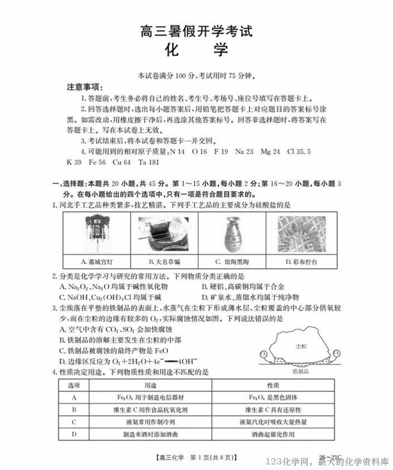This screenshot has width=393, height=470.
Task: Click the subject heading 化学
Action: click(x=196, y=50)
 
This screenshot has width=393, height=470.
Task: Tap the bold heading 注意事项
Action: click(x=83, y=87)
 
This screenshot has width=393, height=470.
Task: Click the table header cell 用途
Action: click(x=150, y=385)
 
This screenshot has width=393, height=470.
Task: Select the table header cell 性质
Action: click(x=274, y=385)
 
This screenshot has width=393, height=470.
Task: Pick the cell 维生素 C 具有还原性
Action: click(x=274, y=410)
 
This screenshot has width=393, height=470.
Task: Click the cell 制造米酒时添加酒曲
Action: click(x=150, y=434)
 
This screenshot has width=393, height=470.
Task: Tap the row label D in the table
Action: click(x=74, y=434)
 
